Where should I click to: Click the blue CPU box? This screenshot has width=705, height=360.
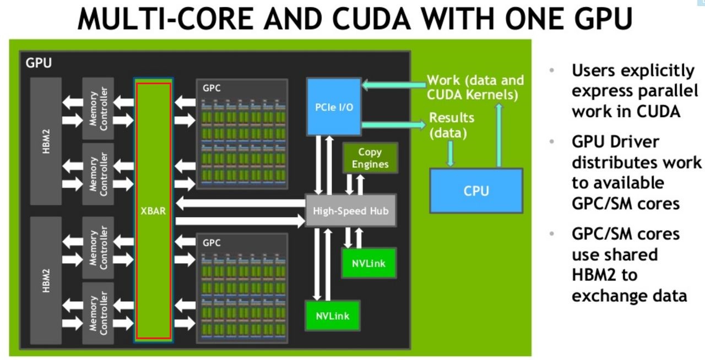(476, 190)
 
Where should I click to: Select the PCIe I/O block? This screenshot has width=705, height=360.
(334, 106)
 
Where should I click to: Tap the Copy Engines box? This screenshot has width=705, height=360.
(370, 159)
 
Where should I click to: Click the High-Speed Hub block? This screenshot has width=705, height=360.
(350, 210)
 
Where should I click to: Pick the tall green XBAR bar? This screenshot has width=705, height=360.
(154, 211)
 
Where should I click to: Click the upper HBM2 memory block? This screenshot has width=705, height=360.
(46, 140)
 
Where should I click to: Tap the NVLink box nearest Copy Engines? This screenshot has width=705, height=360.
(368, 263)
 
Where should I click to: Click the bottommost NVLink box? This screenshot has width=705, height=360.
(332, 316)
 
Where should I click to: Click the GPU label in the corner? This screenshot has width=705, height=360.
(39, 63)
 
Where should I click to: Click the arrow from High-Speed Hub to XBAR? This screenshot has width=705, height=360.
(240, 204)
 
